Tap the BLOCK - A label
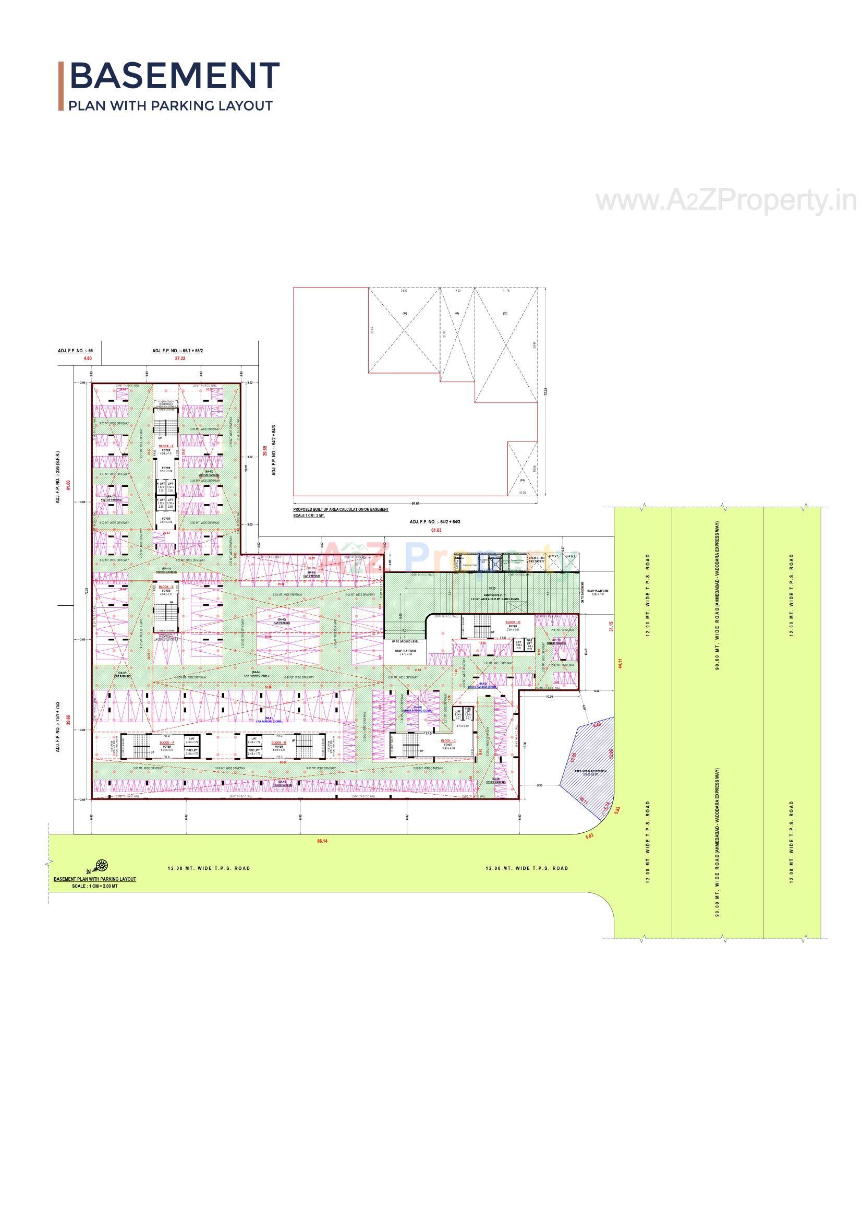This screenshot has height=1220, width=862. pos(167,743)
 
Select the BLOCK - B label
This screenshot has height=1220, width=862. pos(278,743)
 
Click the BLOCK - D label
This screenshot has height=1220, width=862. pos(513,622)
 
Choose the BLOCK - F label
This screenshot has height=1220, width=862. pos(166,446)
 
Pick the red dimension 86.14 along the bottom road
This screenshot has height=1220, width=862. pos(322,841)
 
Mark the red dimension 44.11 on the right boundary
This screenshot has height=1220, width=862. pos(620,663)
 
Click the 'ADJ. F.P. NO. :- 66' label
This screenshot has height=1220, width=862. pos(76,351)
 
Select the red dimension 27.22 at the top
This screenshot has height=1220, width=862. pos(180,358)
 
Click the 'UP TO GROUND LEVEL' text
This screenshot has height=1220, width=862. pos(405,641)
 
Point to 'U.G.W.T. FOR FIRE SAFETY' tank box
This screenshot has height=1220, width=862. pos(537,559)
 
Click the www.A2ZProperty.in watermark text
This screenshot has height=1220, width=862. pos(725,201)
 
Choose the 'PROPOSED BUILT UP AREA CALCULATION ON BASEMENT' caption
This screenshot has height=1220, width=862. pos(341,509)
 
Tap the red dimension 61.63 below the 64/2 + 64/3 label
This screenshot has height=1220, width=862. pos(436,530)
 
